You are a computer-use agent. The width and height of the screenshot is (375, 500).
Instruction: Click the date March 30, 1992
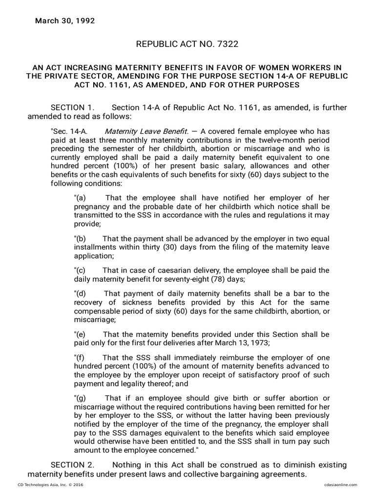(64, 21)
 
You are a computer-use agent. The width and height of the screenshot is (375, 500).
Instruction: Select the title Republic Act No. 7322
(187, 44)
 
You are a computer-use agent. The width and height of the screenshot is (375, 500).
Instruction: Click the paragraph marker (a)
(80, 198)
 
